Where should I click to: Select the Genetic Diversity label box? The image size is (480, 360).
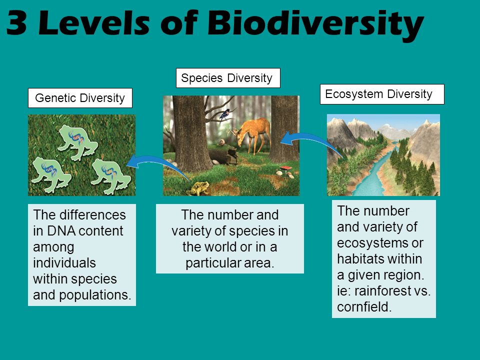tap(80, 98)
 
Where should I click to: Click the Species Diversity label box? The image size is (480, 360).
tap(227, 78)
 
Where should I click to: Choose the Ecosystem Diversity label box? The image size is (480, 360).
tap(381, 94)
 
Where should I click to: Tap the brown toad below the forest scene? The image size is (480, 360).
tap(198, 188)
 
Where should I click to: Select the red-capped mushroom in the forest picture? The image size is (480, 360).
tap(285, 168)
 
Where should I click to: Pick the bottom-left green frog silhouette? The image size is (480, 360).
tap(50, 172)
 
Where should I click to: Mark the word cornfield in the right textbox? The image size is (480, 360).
tap(363, 307)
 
